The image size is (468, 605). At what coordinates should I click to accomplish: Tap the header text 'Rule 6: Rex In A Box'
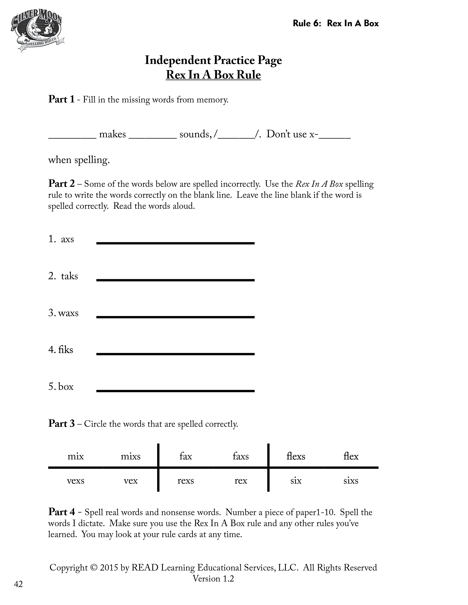point(335,23)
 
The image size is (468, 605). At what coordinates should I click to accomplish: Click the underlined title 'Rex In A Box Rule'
point(213,75)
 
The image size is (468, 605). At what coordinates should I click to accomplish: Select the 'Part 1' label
point(61,99)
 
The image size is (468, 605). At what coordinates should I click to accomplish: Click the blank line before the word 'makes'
point(72,136)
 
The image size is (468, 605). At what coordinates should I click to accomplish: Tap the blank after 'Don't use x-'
point(335,136)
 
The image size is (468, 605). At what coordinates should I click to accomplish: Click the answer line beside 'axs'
point(175,243)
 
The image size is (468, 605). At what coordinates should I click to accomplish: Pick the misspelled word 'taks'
point(69,276)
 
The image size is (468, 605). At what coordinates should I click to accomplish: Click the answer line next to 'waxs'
point(175,317)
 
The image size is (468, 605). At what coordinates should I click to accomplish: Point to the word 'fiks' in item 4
point(66,350)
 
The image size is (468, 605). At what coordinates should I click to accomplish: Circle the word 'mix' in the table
point(76,456)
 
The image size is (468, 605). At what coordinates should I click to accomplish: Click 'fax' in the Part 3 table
point(186,456)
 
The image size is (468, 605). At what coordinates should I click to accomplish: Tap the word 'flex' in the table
point(351,456)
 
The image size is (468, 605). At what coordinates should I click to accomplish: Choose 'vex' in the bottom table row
point(131,481)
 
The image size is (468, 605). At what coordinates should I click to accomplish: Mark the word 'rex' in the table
point(241,481)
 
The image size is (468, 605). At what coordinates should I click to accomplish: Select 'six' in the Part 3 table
point(296,481)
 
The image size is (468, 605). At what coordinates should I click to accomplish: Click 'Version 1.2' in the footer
point(213,579)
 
